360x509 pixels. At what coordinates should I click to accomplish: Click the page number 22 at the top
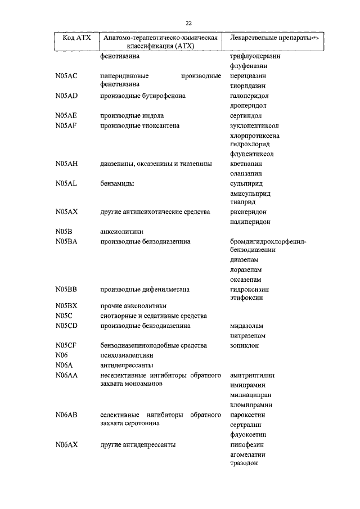click(x=188, y=22)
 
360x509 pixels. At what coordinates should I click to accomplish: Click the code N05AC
click(x=66, y=76)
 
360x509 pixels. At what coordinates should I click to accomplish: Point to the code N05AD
click(x=66, y=96)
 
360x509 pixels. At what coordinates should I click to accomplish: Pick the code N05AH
click(x=66, y=164)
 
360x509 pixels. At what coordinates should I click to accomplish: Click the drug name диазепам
click(x=245, y=260)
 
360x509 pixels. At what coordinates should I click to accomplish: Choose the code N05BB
click(x=66, y=289)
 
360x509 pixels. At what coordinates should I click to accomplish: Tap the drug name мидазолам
click(x=247, y=326)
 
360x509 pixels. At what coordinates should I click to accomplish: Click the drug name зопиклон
click(x=245, y=345)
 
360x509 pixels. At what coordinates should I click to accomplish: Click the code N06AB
click(x=66, y=415)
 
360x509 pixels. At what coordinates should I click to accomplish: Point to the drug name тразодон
click(x=244, y=463)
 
